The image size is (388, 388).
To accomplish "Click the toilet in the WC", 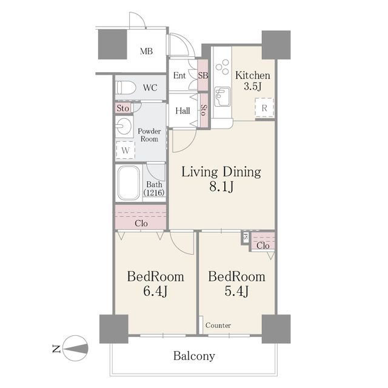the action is tap(126, 88).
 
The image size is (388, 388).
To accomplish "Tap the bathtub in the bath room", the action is tap(129, 183).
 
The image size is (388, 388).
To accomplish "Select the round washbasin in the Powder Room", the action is tap(124, 126).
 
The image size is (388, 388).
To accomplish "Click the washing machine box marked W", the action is tap(125, 150).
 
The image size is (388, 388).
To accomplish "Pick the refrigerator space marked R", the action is tap(264, 108).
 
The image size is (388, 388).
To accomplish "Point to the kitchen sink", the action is tap(222, 97).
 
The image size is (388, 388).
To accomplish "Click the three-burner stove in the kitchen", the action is tap(222, 66).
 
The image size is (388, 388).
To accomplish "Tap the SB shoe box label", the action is tap(203, 75).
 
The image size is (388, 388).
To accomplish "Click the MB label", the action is tap(146, 51).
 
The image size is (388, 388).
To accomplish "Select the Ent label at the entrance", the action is tap(179, 75).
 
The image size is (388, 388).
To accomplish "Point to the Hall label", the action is tap(183, 110).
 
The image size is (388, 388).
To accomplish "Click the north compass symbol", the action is tap(75, 348).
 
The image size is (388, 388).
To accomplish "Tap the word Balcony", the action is tap(194, 356).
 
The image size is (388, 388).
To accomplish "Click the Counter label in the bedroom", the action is tap(218, 325).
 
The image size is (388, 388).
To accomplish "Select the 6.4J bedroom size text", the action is tap(155, 291).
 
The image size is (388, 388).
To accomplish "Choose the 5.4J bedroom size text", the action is tap(236, 291).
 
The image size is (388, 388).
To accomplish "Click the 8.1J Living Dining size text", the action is tap(221, 187).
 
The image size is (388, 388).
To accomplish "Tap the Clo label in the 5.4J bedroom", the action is tap(263, 246).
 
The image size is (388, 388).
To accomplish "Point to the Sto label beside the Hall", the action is tap(204, 110).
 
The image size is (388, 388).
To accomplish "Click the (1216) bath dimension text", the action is tap(154, 193).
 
